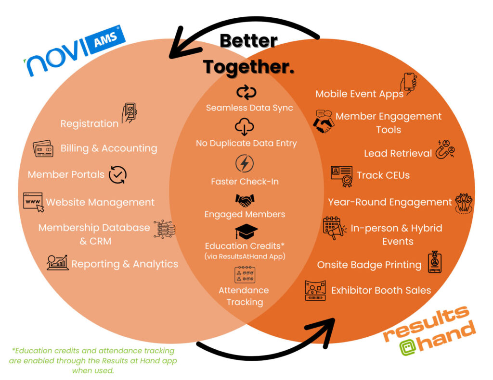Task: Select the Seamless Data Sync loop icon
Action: pyautogui.click(x=246, y=92)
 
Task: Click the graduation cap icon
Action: pyautogui.click(x=246, y=232)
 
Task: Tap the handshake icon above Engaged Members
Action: pyautogui.click(x=245, y=199)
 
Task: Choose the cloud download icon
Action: pyautogui.click(x=245, y=127)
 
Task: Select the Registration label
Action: pyautogui.click(x=89, y=123)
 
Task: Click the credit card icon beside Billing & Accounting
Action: pyautogui.click(x=42, y=148)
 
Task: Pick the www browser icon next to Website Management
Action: pyautogui.click(x=33, y=202)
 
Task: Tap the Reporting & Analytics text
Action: pyautogui.click(x=125, y=264)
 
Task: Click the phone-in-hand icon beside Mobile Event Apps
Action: pyautogui.click(x=409, y=85)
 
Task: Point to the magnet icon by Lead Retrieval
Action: pyautogui.click(x=445, y=150)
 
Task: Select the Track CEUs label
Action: pyautogui.click(x=383, y=175)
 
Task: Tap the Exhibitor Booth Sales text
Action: pyautogui.click(x=381, y=290)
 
